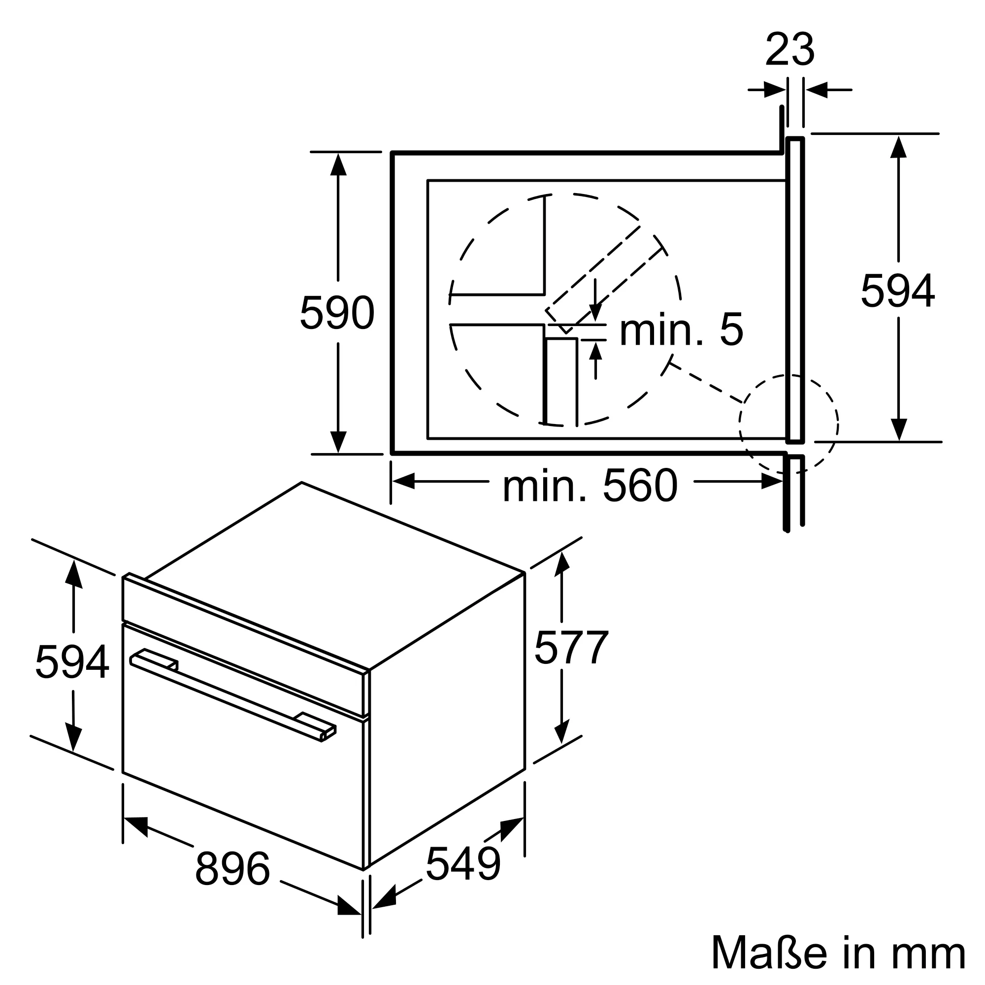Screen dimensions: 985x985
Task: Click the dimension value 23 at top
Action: pyautogui.click(x=790, y=50)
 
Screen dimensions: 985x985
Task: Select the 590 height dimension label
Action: pyautogui.click(x=337, y=313)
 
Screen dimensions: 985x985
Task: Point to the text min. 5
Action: pyautogui.click(x=681, y=330)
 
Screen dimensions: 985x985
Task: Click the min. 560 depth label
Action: pyautogui.click(x=590, y=487)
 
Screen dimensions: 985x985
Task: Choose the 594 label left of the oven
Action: pyautogui.click(x=72, y=662)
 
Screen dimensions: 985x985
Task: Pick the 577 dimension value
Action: pyautogui.click(x=571, y=648)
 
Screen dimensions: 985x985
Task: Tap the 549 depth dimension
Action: pyautogui.click(x=463, y=864)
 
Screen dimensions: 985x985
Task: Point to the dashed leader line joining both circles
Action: pyautogui.click(x=706, y=382)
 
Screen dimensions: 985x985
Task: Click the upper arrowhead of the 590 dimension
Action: pyautogui.click(x=338, y=164)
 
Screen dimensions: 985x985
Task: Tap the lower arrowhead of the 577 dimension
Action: pyautogui.click(x=561, y=733)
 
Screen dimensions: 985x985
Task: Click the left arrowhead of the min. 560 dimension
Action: pyautogui.click(x=404, y=481)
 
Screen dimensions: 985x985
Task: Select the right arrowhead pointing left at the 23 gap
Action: pyautogui.click(x=816, y=90)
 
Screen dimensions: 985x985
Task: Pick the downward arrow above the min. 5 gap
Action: pyautogui.click(x=595, y=312)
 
